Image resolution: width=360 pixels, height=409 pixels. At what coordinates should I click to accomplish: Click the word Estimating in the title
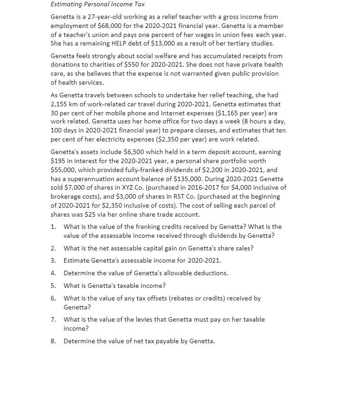click(67, 4)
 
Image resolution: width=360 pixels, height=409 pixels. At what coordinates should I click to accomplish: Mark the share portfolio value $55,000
click(61, 170)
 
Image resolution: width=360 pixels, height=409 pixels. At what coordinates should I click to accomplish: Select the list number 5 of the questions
click(53, 286)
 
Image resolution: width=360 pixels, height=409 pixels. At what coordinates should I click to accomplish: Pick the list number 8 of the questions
click(53, 341)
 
